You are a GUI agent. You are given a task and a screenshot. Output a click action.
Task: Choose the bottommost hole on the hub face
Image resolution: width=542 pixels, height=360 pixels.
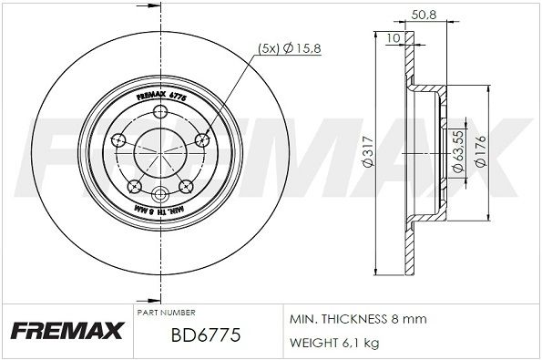click(x=160, y=194)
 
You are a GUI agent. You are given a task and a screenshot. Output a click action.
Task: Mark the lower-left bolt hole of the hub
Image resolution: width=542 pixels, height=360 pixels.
click(x=135, y=186)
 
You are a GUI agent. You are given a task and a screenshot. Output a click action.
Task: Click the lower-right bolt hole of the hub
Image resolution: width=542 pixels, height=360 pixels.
click(x=187, y=186)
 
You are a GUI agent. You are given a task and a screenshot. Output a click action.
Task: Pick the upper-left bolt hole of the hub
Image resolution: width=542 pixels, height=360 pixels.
click(x=118, y=139)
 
